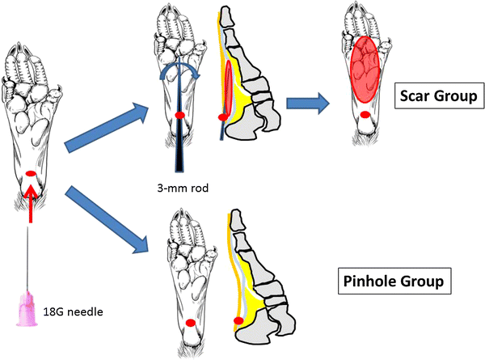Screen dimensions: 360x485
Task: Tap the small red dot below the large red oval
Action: [366, 116]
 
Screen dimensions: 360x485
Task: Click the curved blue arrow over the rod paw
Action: [179, 71]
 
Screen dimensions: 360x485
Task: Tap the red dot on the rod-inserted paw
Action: [179, 116]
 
